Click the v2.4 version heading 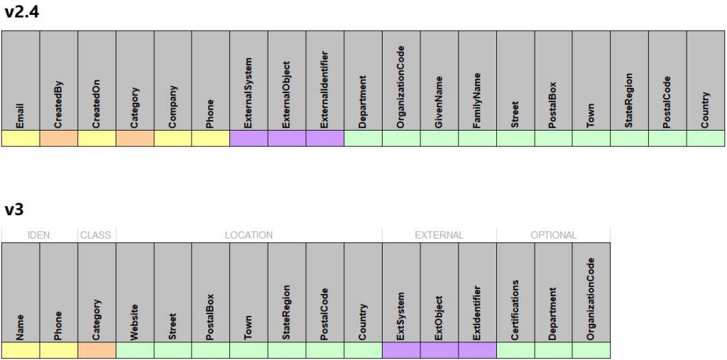(21, 12)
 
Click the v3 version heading (14, 209)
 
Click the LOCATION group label (248, 235)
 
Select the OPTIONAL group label (554, 235)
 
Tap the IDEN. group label (40, 235)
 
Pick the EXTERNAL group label (439, 235)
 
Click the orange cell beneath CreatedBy (58, 138)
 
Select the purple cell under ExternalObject (287, 138)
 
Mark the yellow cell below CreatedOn (97, 138)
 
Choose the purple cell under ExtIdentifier (477, 350)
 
